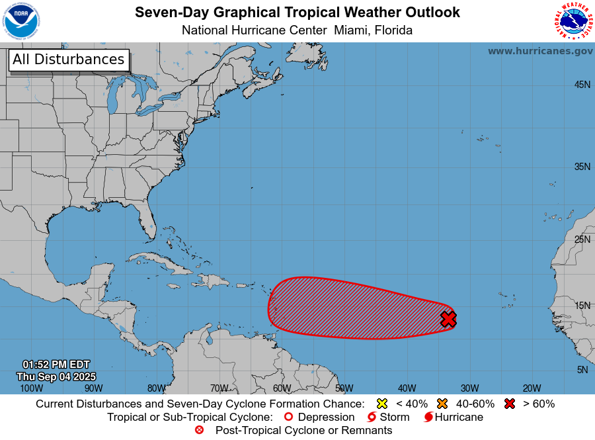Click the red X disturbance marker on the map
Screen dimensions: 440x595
pos(448,320)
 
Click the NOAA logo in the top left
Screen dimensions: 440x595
pos(20,21)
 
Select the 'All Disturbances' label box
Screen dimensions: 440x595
pos(68,60)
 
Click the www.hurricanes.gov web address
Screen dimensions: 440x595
pos(540,51)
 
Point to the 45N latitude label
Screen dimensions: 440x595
pos(582,85)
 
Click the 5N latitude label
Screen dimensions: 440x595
pos(582,370)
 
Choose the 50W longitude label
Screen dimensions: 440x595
pos(344,388)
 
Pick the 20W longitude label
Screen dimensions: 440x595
pos(532,388)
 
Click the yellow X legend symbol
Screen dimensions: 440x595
pos(381,404)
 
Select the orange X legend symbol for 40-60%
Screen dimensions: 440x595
pos(442,404)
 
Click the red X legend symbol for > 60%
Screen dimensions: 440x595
pos(509,404)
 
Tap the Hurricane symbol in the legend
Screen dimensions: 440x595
pos(428,418)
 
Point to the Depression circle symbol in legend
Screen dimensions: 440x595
pos(288,418)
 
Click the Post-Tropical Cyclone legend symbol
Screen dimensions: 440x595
pos(199,431)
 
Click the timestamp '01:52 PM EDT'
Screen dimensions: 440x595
pos(56,365)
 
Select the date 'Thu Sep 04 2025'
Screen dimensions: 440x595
pos(56,376)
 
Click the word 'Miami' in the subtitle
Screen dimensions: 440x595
pos(352,30)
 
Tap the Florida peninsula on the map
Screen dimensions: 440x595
pos(146,222)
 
